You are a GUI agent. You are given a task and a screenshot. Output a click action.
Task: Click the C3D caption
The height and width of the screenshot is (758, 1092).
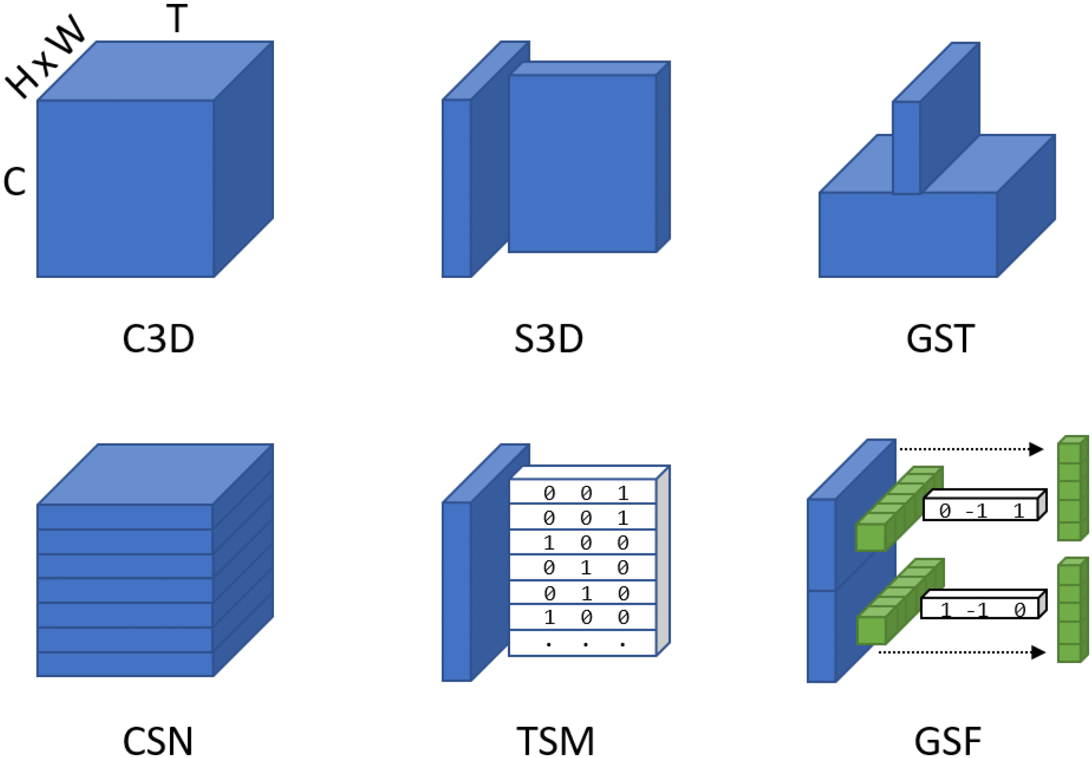pyautogui.click(x=158, y=339)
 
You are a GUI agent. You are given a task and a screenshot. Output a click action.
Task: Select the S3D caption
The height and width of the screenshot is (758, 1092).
pyautogui.click(x=549, y=339)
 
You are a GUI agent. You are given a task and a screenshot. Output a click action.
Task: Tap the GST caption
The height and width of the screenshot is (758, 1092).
pyautogui.click(x=940, y=339)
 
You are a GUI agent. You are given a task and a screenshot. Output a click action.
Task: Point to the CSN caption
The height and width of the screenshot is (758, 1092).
pyautogui.click(x=158, y=740)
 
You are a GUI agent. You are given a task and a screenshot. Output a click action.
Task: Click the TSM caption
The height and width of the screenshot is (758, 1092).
pyautogui.click(x=556, y=740)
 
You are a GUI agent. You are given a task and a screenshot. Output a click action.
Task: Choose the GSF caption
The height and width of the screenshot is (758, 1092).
pyautogui.click(x=947, y=740)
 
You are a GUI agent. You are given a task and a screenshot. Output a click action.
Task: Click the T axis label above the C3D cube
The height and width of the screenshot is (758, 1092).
pyautogui.click(x=177, y=19)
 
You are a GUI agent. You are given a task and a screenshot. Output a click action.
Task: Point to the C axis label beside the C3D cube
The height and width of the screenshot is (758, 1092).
pyautogui.click(x=15, y=182)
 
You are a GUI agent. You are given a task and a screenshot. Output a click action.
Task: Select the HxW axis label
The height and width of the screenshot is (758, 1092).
pyautogui.click(x=45, y=56)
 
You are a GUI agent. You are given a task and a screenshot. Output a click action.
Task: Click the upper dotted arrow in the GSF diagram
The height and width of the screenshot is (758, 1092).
pyautogui.click(x=971, y=449)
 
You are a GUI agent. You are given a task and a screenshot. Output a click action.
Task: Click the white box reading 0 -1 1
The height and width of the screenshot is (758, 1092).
pyautogui.click(x=981, y=509)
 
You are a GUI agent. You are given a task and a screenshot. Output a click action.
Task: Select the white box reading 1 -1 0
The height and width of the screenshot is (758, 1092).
pyautogui.click(x=980, y=608)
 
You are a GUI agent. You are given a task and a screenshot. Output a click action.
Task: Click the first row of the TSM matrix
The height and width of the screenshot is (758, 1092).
pyautogui.click(x=582, y=493)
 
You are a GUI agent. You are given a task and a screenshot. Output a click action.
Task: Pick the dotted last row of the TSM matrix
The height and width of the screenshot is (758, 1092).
pyautogui.click(x=582, y=643)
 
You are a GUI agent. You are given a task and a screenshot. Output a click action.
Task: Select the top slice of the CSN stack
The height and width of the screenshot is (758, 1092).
pyautogui.click(x=124, y=517)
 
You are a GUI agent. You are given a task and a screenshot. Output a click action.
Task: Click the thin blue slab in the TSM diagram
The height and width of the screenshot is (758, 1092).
pyautogui.click(x=456, y=591)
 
